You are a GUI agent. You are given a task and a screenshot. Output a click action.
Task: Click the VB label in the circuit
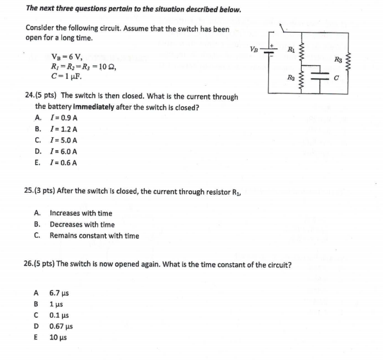(x=254, y=49)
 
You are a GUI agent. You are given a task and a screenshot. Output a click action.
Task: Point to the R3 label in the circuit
(x=338, y=60)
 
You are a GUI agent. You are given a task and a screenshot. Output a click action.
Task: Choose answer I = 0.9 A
(x=64, y=118)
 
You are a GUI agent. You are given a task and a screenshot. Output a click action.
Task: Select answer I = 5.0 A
(x=64, y=140)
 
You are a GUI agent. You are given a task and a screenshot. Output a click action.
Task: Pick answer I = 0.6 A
(x=64, y=163)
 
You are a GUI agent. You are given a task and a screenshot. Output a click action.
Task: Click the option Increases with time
(x=81, y=213)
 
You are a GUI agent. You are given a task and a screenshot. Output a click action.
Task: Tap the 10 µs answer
(x=58, y=337)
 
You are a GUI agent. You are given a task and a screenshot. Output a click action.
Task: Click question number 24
(x=29, y=96)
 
